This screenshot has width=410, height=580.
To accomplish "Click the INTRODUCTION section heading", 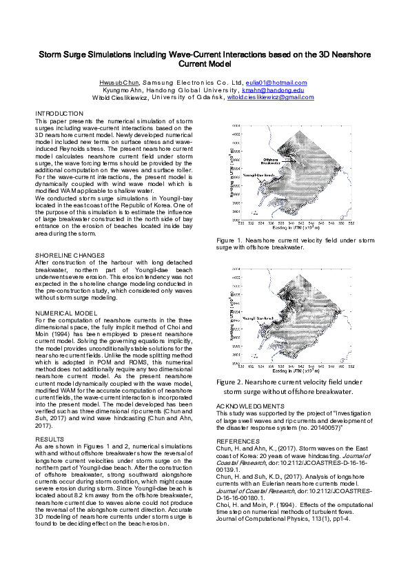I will (59, 113).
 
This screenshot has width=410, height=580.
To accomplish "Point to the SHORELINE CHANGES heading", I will (70, 256).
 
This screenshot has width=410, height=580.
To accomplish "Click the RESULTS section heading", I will (50, 400).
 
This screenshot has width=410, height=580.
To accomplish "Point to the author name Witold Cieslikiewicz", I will (119, 98).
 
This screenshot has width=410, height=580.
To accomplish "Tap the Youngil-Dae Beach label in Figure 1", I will (258, 176).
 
